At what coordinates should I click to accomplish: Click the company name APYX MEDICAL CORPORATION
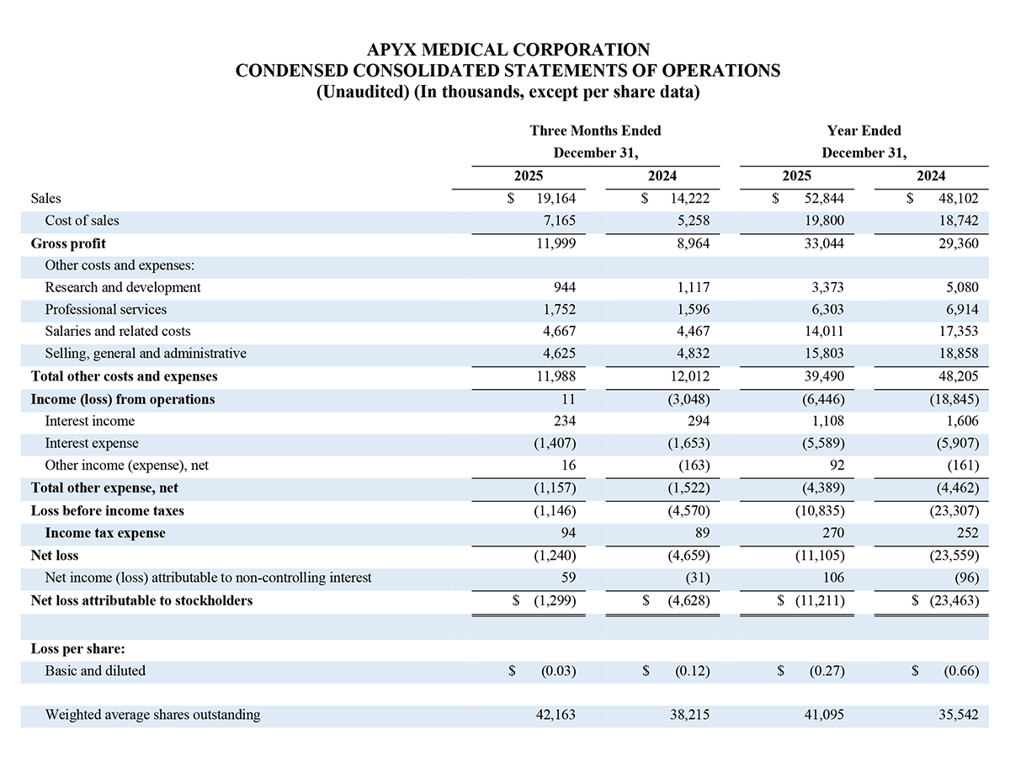pos(508,50)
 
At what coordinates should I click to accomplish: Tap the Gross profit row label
pos(68,243)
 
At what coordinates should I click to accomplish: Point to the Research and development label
pos(123,287)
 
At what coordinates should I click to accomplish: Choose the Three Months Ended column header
pos(595,130)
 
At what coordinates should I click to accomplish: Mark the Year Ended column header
pos(864,130)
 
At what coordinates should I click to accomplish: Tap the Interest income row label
pos(89,421)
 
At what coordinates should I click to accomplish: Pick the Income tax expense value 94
pos(567,533)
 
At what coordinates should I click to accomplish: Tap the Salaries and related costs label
pos(118,332)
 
